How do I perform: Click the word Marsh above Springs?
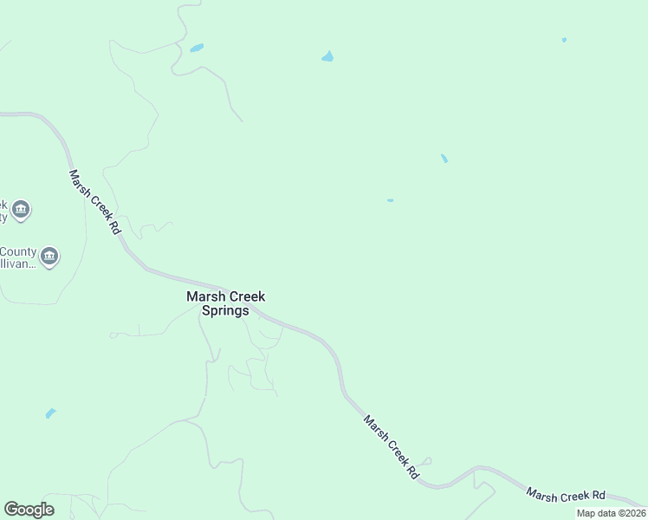pos(204,296)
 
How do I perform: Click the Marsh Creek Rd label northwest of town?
pos(94,201)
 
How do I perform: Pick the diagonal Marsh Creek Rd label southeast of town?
pos(391,447)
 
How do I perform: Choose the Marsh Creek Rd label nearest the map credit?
pos(565,495)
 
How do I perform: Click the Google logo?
pos(29,510)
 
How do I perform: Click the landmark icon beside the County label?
pos(49,256)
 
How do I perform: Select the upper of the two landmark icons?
pos(22,209)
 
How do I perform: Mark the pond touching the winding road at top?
pos(197,48)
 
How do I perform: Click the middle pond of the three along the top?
pos(327,57)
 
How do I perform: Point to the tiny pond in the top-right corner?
pos(564,40)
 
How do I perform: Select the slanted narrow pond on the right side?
pos(444,159)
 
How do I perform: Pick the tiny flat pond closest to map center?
pos(390,200)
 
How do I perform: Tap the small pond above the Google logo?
pos(50,413)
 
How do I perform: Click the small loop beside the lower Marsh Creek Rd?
pos(426,461)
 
